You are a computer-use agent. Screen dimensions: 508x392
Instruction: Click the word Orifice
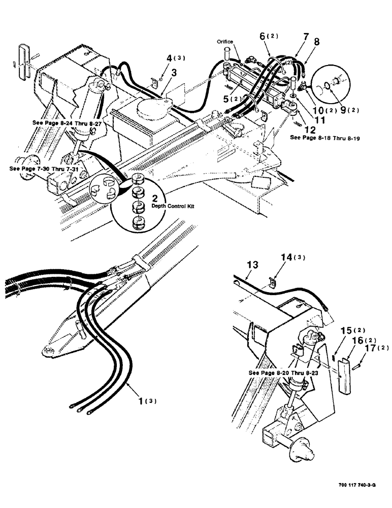225,42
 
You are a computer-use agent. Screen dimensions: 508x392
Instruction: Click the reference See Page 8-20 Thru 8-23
285,372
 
